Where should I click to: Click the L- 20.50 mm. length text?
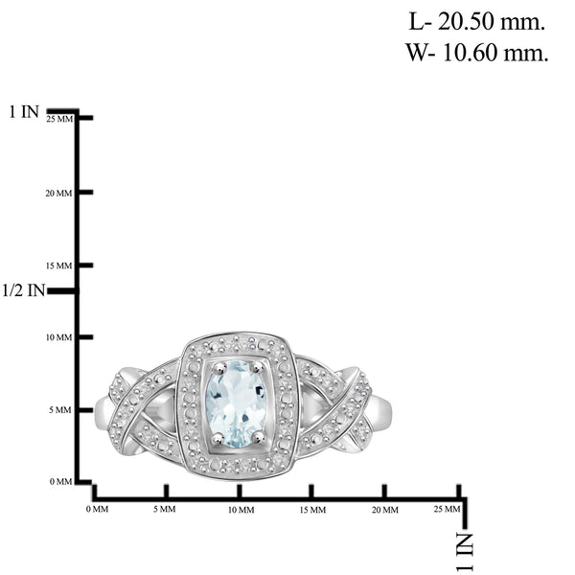476,22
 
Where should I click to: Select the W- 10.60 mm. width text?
476,52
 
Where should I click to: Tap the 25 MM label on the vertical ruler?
59,119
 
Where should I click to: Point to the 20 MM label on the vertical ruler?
58,194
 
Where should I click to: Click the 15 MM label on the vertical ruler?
58,265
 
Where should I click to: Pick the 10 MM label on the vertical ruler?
58,337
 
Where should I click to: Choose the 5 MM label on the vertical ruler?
60,410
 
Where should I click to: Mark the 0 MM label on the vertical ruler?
61,481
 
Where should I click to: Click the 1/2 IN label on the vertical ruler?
23,290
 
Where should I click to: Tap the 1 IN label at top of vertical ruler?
24,111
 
